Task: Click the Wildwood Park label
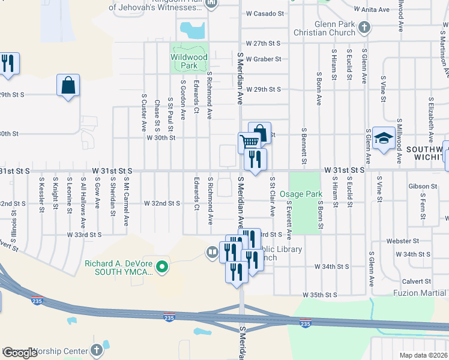coord(189,61)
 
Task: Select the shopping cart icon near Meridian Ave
coord(249,142)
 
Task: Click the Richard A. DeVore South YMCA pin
coord(161,266)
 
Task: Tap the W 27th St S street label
coord(264,44)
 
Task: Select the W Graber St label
coord(264,59)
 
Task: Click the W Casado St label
coord(264,13)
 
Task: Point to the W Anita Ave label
coord(373,9)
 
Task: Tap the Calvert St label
coord(417,281)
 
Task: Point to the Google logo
coord(19,353)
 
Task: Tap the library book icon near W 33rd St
coord(211,253)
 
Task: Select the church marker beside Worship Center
coord(97,350)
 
